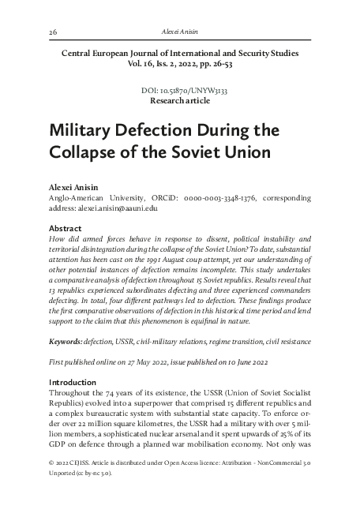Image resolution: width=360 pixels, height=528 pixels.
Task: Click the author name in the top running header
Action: click(x=179, y=31)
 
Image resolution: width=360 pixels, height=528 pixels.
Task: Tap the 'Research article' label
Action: click(x=179, y=102)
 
